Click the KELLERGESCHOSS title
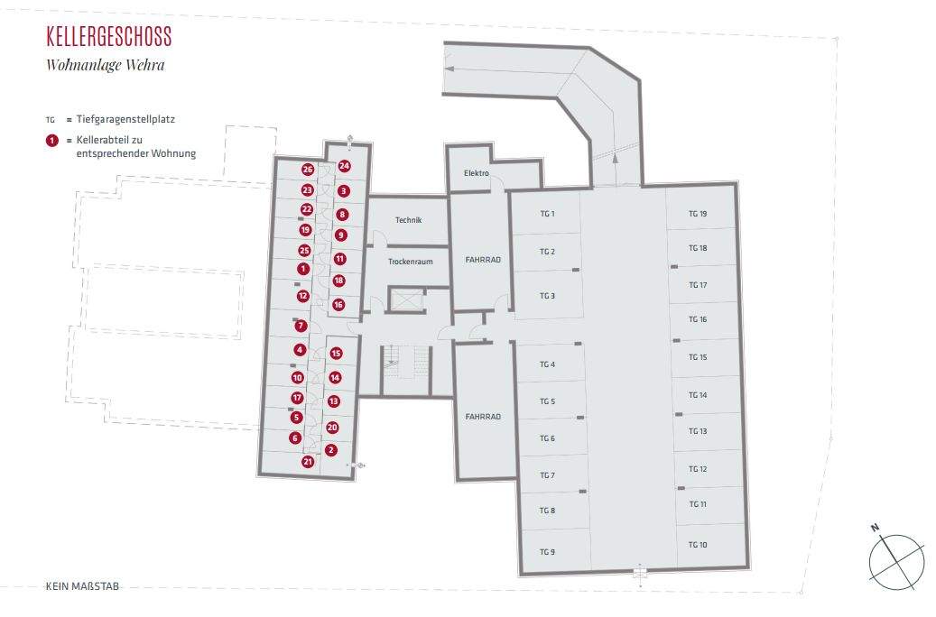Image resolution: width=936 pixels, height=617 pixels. [108, 37]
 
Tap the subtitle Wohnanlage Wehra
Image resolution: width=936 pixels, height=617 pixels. [106, 65]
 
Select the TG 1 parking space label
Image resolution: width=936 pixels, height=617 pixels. [547, 214]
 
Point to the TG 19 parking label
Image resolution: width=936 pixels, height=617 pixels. [698, 214]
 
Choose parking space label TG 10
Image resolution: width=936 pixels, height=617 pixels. [698, 545]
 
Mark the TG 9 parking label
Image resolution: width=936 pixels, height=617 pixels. [547, 551]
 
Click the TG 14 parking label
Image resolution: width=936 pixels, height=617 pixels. [698, 395]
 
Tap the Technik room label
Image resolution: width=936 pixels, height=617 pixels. [408, 220]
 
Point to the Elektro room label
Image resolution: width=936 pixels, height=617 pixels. [476, 173]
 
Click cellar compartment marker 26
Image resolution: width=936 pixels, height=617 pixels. [308, 170]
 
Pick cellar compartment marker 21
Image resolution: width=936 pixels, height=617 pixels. [308, 462]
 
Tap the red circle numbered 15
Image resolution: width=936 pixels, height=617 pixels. [336, 354]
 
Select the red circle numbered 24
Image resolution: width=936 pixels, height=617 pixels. [344, 166]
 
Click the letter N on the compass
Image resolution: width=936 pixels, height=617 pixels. [874, 528]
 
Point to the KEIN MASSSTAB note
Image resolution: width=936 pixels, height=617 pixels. [82, 586]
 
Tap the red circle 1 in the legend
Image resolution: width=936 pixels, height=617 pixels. [51, 141]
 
